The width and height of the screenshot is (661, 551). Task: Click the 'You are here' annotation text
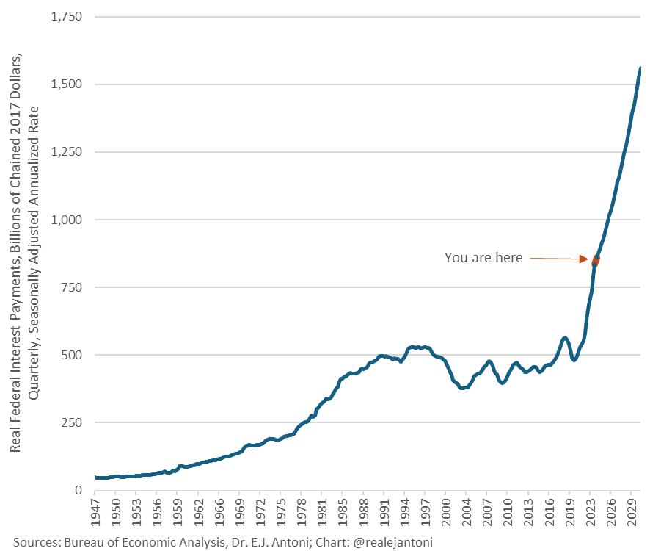pos(483,258)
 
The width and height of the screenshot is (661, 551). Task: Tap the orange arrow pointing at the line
pos(561,259)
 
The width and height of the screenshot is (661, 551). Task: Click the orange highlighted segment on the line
pos(596,259)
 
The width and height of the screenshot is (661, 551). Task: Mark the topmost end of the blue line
pos(640,68)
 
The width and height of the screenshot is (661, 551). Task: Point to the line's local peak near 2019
pos(564,338)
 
